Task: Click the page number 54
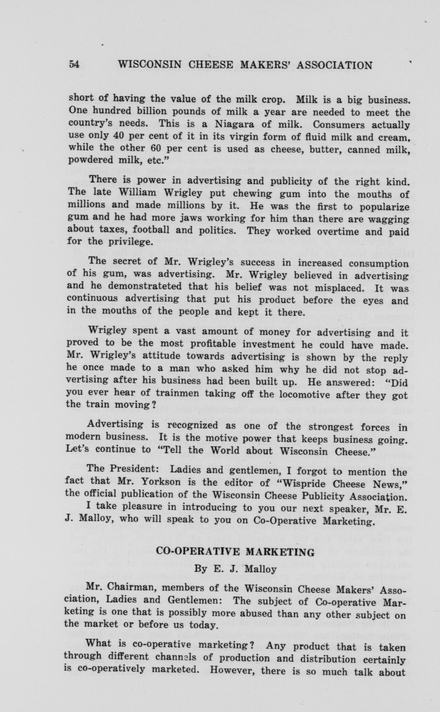pyautogui.click(x=74, y=64)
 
